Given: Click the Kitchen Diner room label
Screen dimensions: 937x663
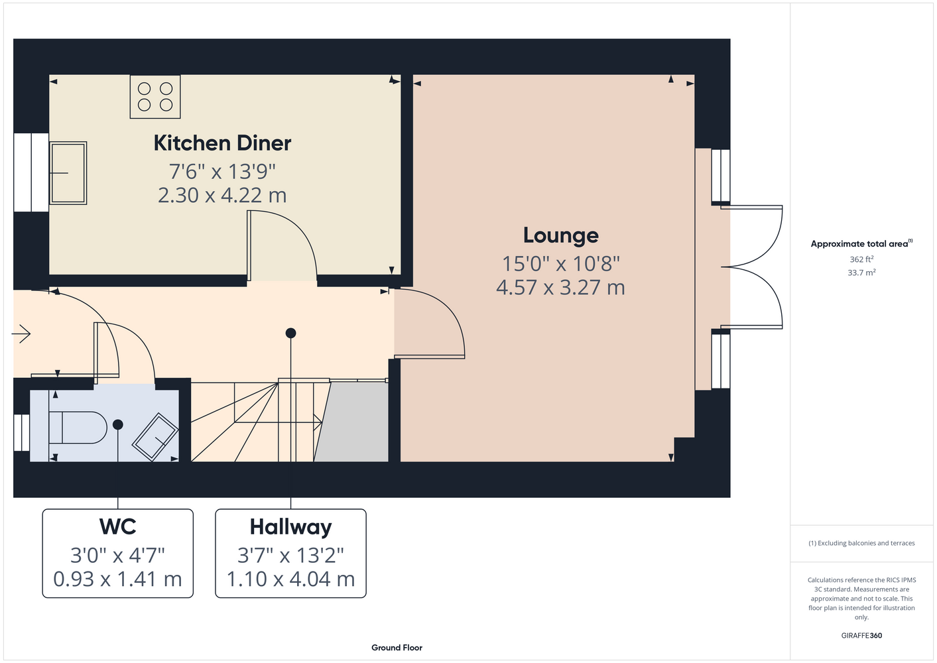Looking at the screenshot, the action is pyautogui.click(x=222, y=143).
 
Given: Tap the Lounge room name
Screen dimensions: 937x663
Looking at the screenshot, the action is pyautogui.click(x=561, y=235).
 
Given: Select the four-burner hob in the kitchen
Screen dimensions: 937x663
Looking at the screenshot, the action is pyautogui.click(x=155, y=97).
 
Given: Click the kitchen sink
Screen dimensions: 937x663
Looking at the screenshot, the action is pyautogui.click(x=68, y=173).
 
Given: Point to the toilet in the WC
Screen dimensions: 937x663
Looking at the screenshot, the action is pyautogui.click(x=78, y=427).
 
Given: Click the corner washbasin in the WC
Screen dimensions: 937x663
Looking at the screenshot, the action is pyautogui.click(x=155, y=437).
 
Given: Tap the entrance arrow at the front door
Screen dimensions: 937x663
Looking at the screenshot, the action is pyautogui.click(x=21, y=333).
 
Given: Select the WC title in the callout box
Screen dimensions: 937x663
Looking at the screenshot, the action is pyautogui.click(x=117, y=526).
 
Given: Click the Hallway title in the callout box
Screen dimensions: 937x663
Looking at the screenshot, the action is pyautogui.click(x=290, y=527).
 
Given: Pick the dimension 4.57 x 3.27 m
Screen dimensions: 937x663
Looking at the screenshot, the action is pyautogui.click(x=560, y=287).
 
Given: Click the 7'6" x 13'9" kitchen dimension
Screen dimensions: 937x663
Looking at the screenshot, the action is pyautogui.click(x=222, y=171).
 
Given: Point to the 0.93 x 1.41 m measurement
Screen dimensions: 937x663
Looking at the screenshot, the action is pyautogui.click(x=117, y=579).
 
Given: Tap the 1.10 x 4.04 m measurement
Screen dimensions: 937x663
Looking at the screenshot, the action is pyautogui.click(x=290, y=579).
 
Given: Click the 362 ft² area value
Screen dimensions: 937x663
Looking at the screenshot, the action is pyautogui.click(x=861, y=259).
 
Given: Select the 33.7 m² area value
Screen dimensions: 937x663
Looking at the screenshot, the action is pyautogui.click(x=861, y=272).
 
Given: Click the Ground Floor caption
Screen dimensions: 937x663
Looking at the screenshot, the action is pyautogui.click(x=397, y=648).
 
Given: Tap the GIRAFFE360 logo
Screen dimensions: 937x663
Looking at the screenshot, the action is pyautogui.click(x=861, y=635).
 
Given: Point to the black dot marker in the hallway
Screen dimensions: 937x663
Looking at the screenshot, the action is pyautogui.click(x=290, y=333).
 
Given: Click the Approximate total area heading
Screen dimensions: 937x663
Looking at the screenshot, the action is pyautogui.click(x=861, y=243).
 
